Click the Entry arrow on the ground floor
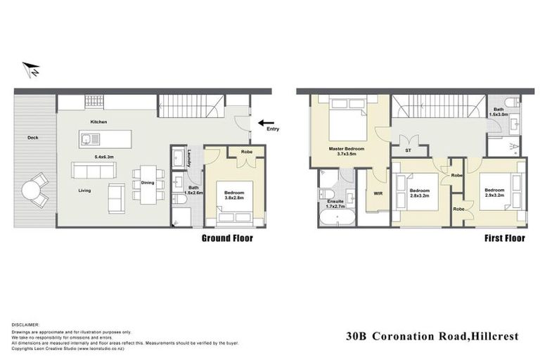pos(266,123)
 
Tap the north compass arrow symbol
pos(30,69)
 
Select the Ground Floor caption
pos(227,238)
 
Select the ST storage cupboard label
pos(408,150)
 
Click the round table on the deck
pos(32,191)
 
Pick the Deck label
pos(33,137)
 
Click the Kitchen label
pos(98,122)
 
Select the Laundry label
pos(190,162)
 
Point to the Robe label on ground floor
pos(247,152)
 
